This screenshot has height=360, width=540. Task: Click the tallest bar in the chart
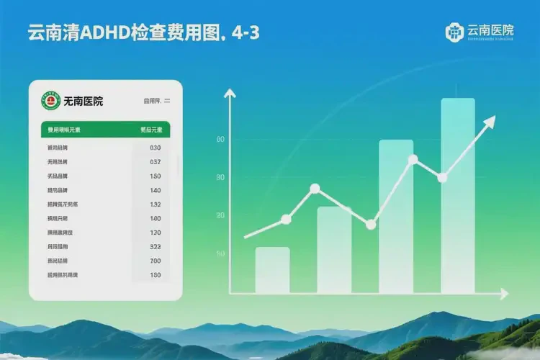pos(457,194)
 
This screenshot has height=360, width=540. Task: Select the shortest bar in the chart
pos(272,270)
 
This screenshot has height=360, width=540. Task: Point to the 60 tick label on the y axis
pos(220,140)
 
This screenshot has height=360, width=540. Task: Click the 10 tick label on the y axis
pos(220,254)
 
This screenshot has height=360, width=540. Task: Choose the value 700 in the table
pos(156,261)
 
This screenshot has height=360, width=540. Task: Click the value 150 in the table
pos(156,176)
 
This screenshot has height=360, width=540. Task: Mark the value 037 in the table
pos(156,162)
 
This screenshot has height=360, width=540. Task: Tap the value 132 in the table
pos(156,204)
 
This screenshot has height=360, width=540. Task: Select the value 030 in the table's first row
pos(156,148)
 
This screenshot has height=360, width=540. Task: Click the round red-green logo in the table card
pos(50,102)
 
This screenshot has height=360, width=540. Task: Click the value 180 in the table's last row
pos(156,275)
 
